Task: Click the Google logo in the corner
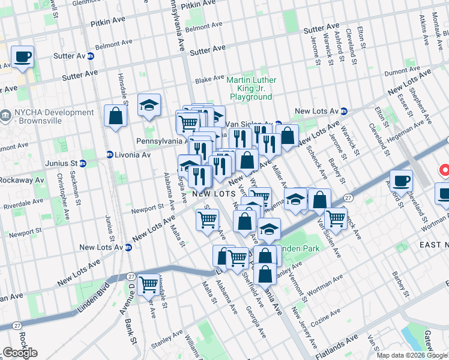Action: pyautogui.click(x=20, y=353)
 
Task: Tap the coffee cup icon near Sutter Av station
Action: pyautogui.click(x=22, y=58)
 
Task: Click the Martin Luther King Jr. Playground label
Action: pyautogui.click(x=252, y=88)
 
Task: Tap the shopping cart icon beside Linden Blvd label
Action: pyautogui.click(x=148, y=284)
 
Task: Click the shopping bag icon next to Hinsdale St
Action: pyautogui.click(x=115, y=116)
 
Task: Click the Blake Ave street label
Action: pyautogui.click(x=209, y=79)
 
